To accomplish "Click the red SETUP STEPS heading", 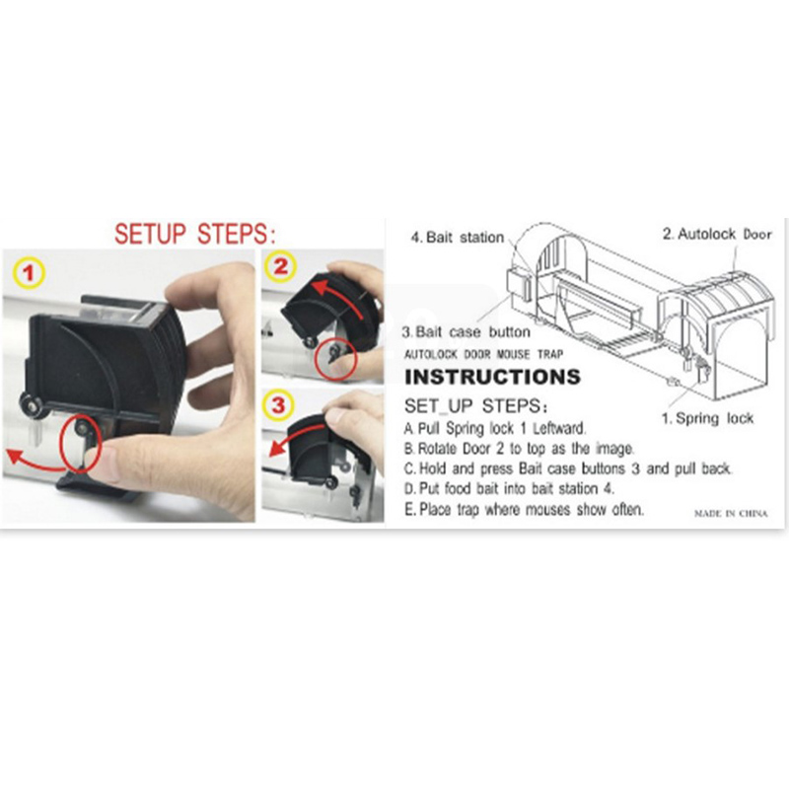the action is pos(195,234).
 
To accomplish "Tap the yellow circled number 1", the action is pos(30,273).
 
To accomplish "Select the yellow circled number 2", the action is pos(280,266).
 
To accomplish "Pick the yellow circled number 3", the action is pos(278,404).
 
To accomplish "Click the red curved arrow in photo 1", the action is pos(36,466).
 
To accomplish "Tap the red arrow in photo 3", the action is pos(297,435).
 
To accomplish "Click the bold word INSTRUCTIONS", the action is pos(492,377).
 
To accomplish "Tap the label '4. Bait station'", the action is pos(457,237).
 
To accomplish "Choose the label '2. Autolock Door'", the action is pos(717,234).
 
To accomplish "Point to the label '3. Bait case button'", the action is pos(466,332).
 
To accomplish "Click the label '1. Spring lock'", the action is pos(707,418).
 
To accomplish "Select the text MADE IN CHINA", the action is pos(731,513).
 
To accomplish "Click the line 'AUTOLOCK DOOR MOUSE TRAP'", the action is pos(483,354).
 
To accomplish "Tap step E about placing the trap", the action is pos(524,509).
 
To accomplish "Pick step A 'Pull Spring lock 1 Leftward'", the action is pos(495,428).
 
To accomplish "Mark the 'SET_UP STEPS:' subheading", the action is pos(475,405).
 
